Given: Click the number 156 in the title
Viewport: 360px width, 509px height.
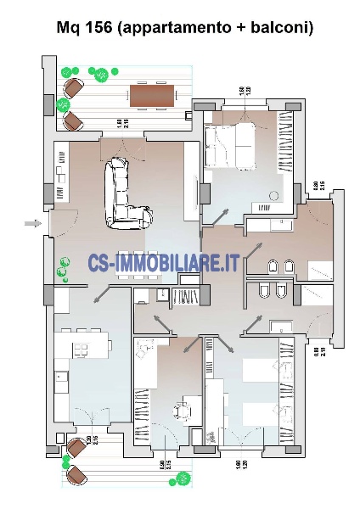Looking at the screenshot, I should point(99,27).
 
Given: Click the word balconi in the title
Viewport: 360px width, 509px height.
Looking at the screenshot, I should point(279,27).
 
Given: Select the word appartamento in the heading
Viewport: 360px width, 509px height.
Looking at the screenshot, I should point(178,27).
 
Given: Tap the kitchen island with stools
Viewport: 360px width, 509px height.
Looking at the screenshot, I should point(86,343).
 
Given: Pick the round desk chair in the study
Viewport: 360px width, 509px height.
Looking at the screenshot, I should point(181,411).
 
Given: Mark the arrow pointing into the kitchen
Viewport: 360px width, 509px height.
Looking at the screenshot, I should point(101,293).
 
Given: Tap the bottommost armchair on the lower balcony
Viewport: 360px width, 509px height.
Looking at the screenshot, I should point(77,476).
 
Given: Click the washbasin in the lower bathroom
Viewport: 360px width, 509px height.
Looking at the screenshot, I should point(278,324).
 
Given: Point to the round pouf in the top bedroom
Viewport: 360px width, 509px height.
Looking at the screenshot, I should point(274,196).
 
